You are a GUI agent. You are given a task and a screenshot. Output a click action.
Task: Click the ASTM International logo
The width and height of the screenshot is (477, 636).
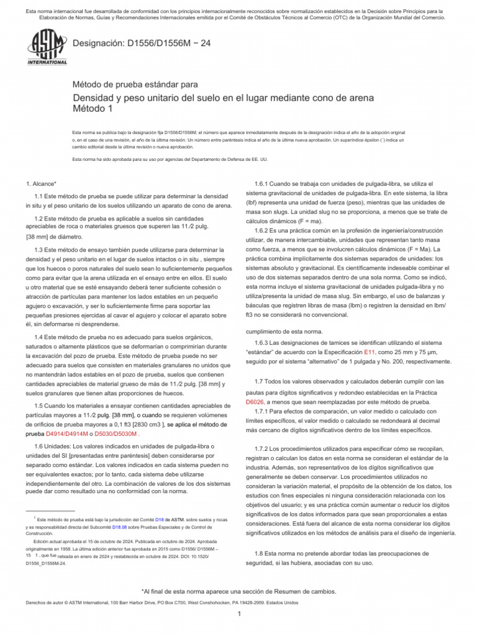click(47, 48)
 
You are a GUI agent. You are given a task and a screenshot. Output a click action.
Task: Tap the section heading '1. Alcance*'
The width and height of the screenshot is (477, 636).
click(41, 184)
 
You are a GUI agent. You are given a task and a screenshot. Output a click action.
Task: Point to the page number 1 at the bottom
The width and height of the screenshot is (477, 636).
click(238, 614)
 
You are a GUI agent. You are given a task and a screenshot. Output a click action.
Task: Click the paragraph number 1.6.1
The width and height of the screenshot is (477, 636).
click(263, 183)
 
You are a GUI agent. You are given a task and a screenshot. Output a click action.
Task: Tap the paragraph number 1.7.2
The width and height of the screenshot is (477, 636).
click(263, 448)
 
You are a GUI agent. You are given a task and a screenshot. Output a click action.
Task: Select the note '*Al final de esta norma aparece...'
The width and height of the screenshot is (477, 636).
click(238, 591)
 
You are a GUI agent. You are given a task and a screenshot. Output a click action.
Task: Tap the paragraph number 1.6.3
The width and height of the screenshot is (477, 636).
click(263, 343)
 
